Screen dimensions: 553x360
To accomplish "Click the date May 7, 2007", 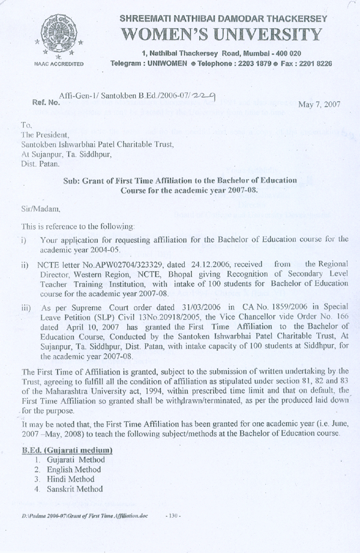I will pos(319,104).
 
